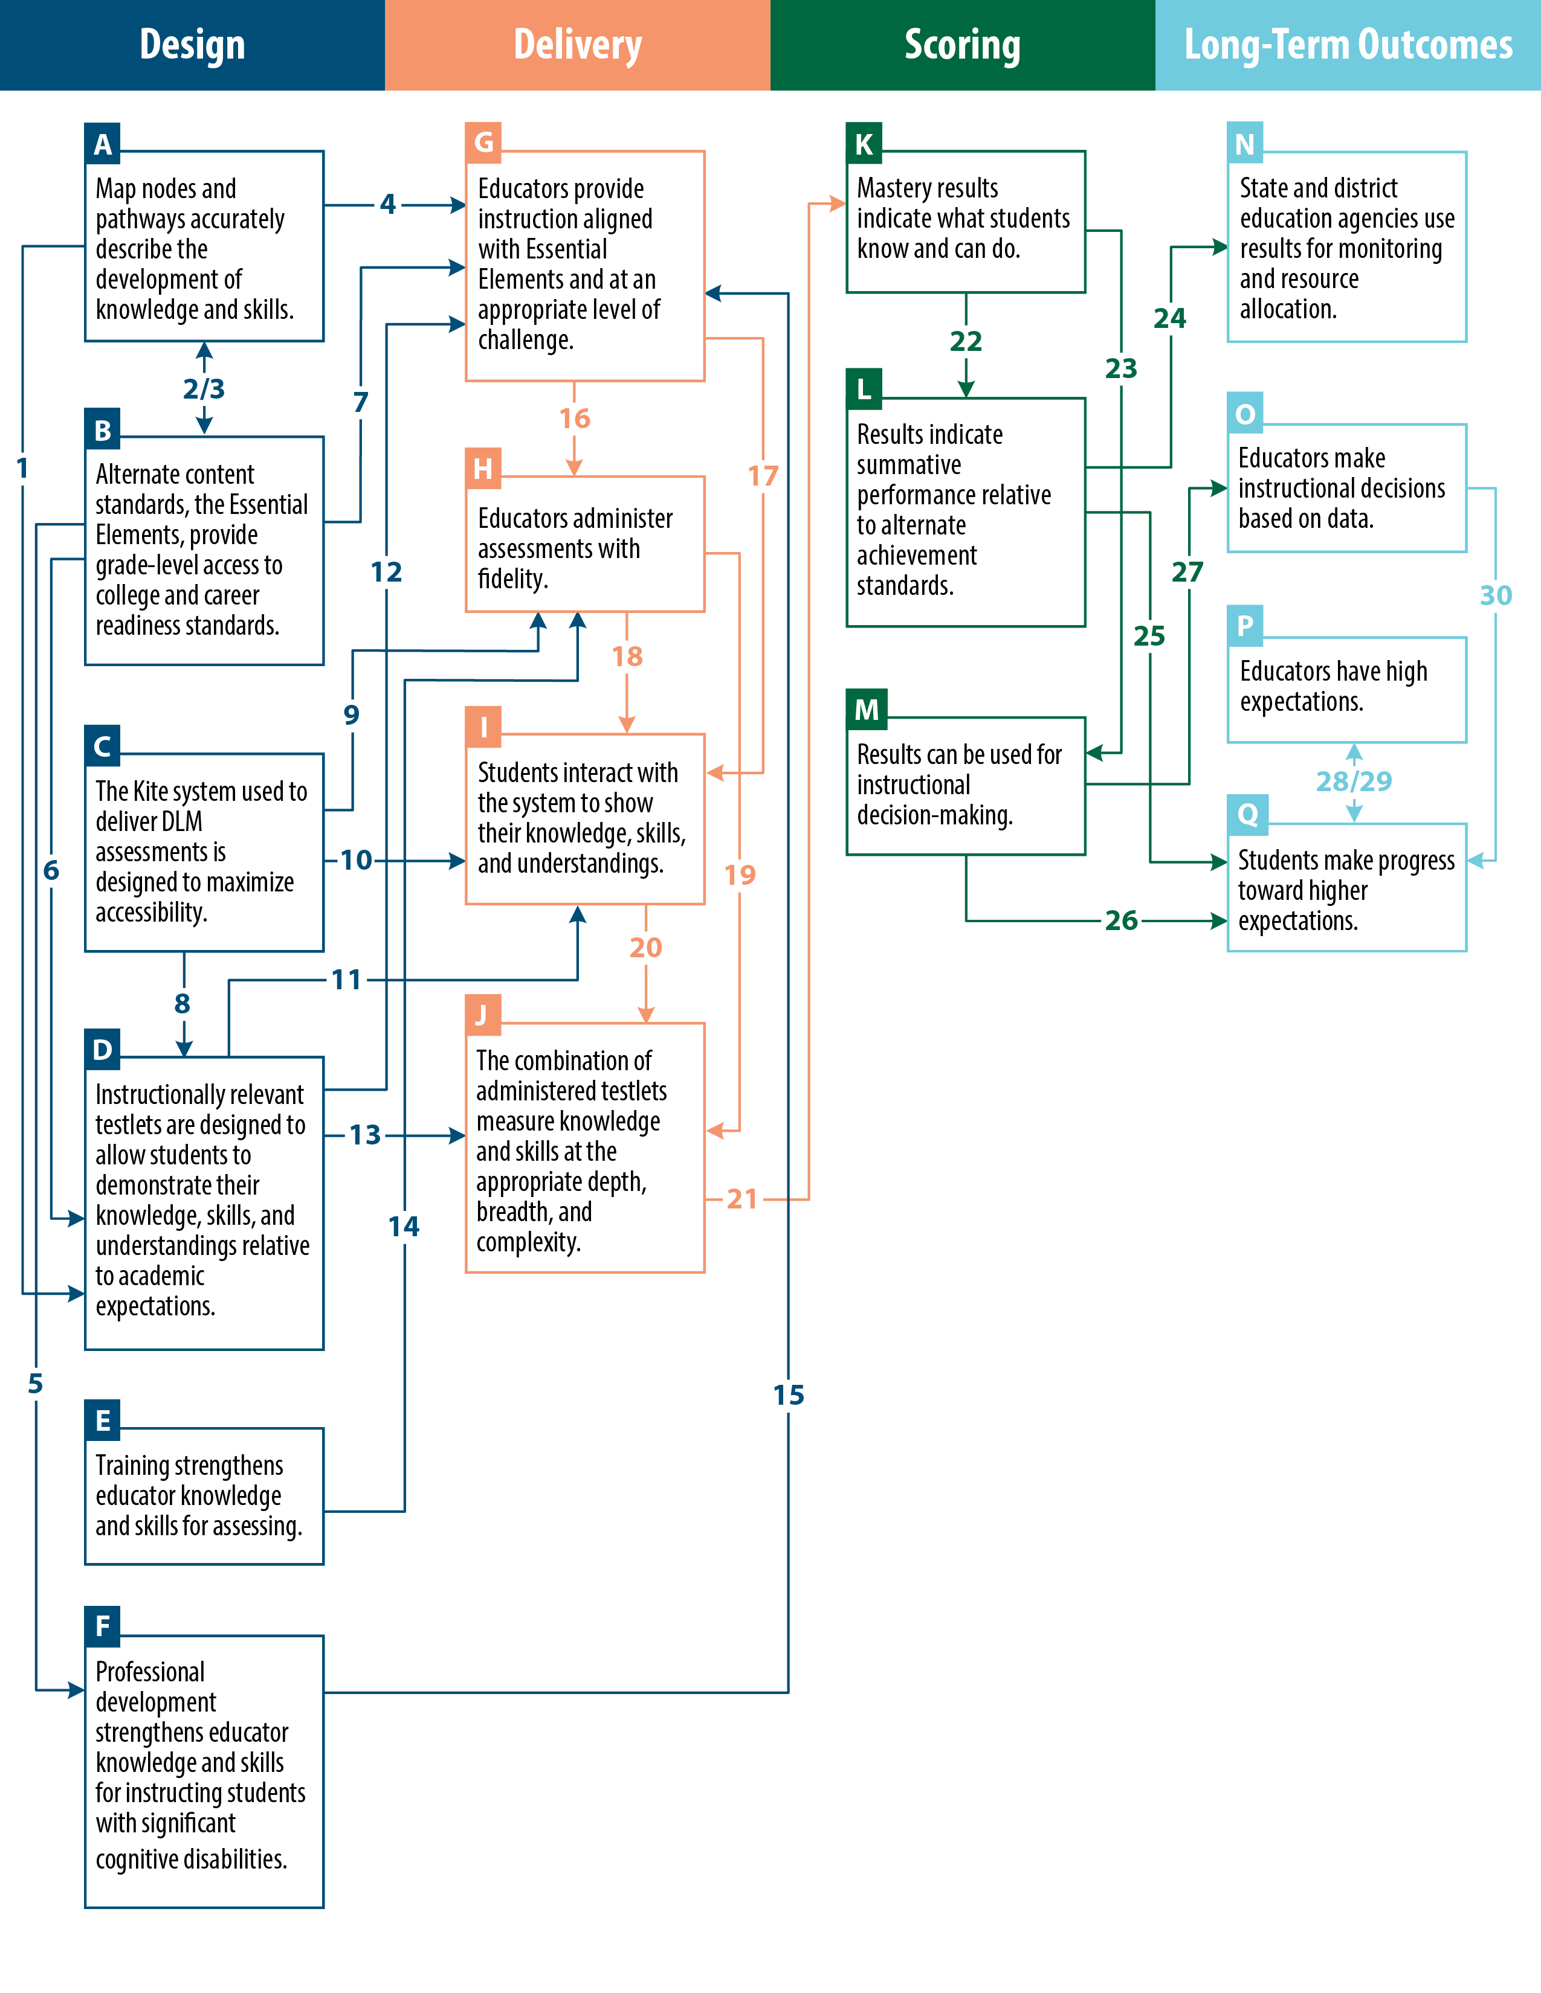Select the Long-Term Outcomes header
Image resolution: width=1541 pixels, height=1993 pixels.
pos(1348,45)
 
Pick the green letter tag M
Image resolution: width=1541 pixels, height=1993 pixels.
pos(865,709)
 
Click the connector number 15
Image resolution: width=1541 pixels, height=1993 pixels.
pos(789,1395)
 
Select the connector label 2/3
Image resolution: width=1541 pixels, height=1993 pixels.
pos(204,389)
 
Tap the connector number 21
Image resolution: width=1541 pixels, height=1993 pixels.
pos(742,1199)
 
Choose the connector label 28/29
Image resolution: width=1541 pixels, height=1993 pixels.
pos(1353,781)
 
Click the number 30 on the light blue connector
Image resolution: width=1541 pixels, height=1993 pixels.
pos(1495,595)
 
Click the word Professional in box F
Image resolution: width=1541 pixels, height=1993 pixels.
pos(150,1672)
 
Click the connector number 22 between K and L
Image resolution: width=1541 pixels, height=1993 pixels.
pos(965,341)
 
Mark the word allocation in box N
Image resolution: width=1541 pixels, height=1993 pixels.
pos(1287,309)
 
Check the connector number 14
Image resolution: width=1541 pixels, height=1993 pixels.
pos(404,1227)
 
